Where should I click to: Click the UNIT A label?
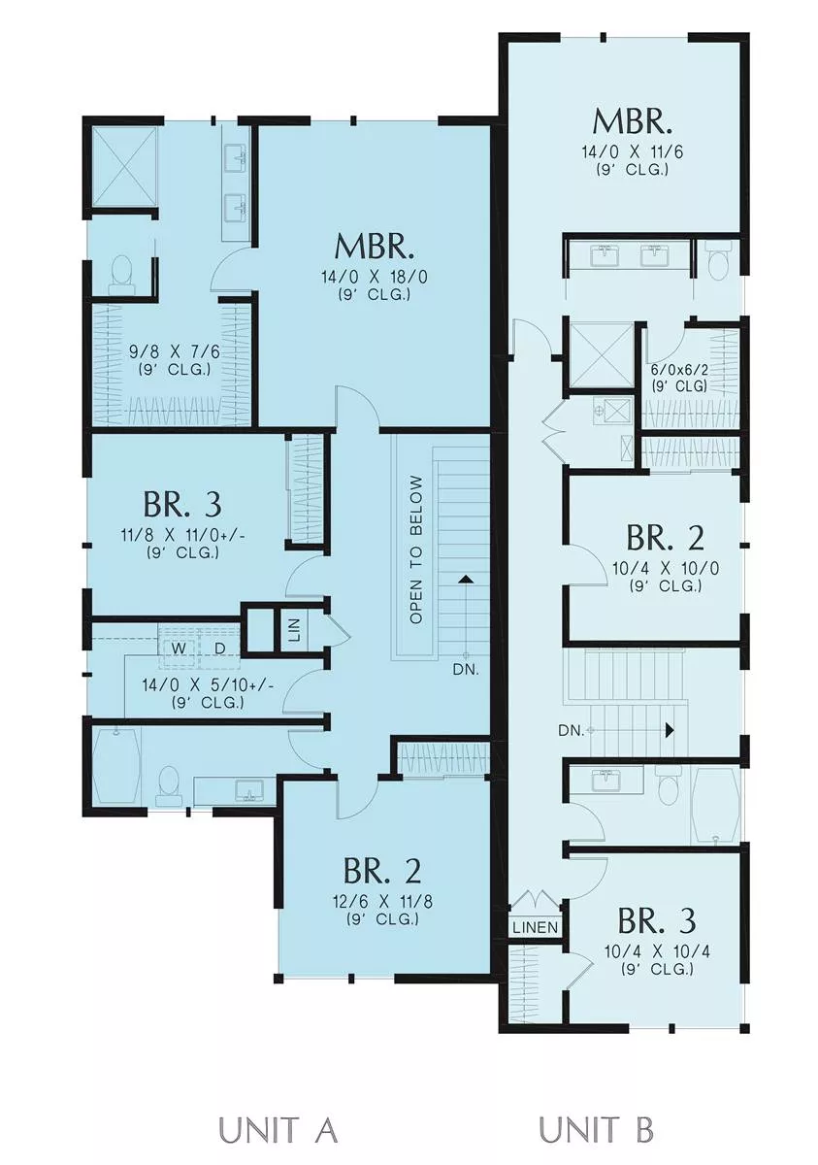(278, 1126)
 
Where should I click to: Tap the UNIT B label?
(597, 1126)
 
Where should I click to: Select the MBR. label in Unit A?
(375, 247)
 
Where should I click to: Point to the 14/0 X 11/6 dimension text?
(632, 152)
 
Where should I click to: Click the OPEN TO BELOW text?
(416, 550)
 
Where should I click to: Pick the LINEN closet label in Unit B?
(536, 927)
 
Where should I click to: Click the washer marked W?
(179, 649)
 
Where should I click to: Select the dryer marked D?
(220, 649)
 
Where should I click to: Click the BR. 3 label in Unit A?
(182, 505)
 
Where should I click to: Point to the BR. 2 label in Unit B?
(666, 538)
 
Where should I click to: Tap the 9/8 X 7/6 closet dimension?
(175, 352)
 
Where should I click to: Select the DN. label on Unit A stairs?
(466, 670)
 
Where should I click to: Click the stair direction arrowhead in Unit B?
(670, 731)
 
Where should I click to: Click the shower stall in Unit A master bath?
(125, 167)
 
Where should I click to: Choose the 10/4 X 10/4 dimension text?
(657, 951)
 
